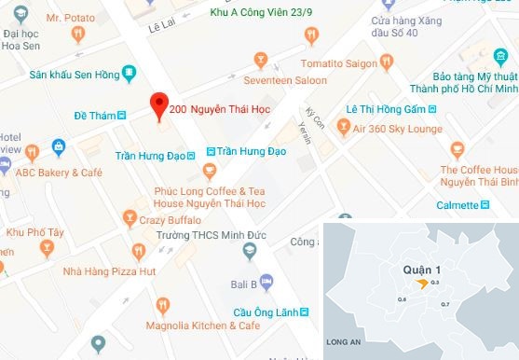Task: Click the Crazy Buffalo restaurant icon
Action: (130, 217)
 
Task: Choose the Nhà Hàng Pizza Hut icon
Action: (139, 252)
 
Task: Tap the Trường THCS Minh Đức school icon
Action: (248, 251)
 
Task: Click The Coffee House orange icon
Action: (457, 149)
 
